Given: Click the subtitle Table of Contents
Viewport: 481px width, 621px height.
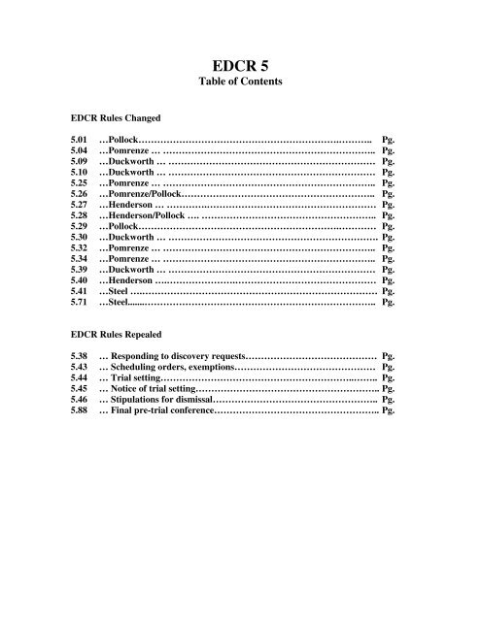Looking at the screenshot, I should click(240, 82).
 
